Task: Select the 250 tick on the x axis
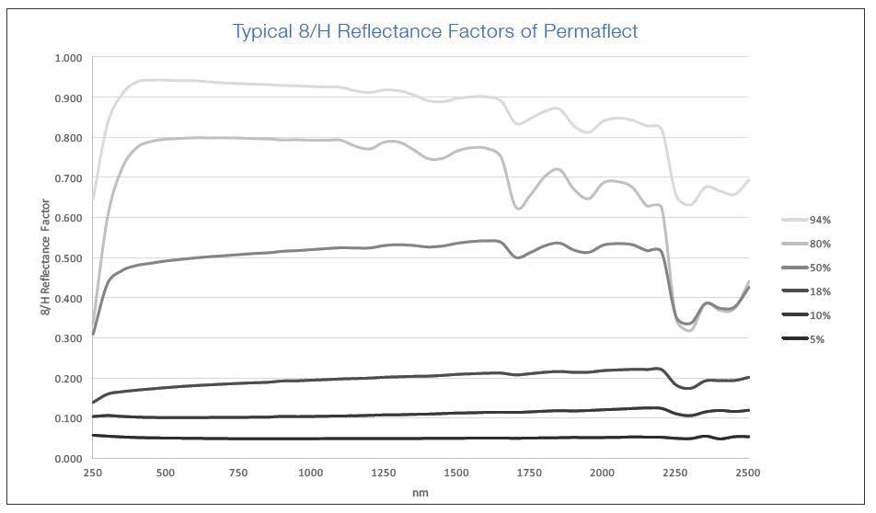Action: coord(93,473)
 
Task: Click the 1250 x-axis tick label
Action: coord(384,473)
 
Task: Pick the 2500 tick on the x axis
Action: coord(747,473)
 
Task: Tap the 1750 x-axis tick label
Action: coord(529,473)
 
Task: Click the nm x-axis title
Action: coord(421,493)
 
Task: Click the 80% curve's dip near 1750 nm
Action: coord(519,209)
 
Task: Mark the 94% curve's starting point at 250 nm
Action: coord(94,200)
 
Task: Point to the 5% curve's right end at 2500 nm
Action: coord(747,437)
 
